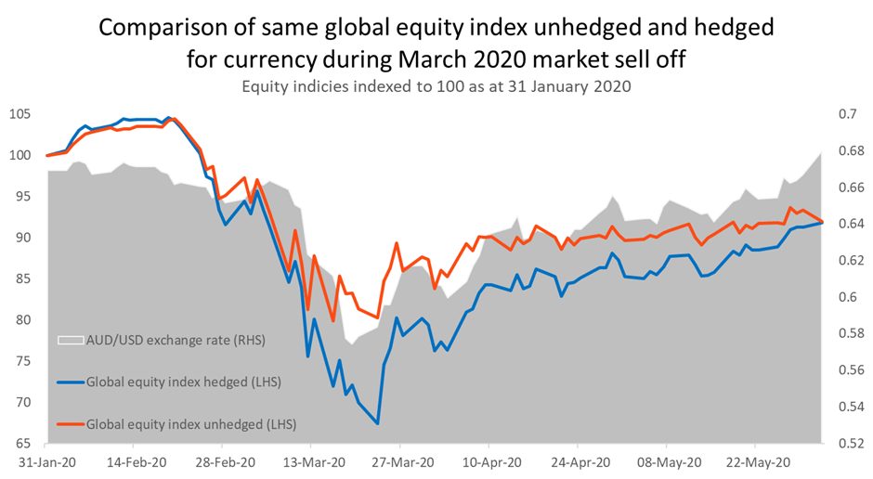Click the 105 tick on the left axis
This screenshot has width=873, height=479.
point(20,114)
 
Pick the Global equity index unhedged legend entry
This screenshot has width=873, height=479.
point(190,423)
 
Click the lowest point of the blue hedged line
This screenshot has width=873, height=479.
point(378,423)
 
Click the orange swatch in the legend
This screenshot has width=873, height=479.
point(69,423)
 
